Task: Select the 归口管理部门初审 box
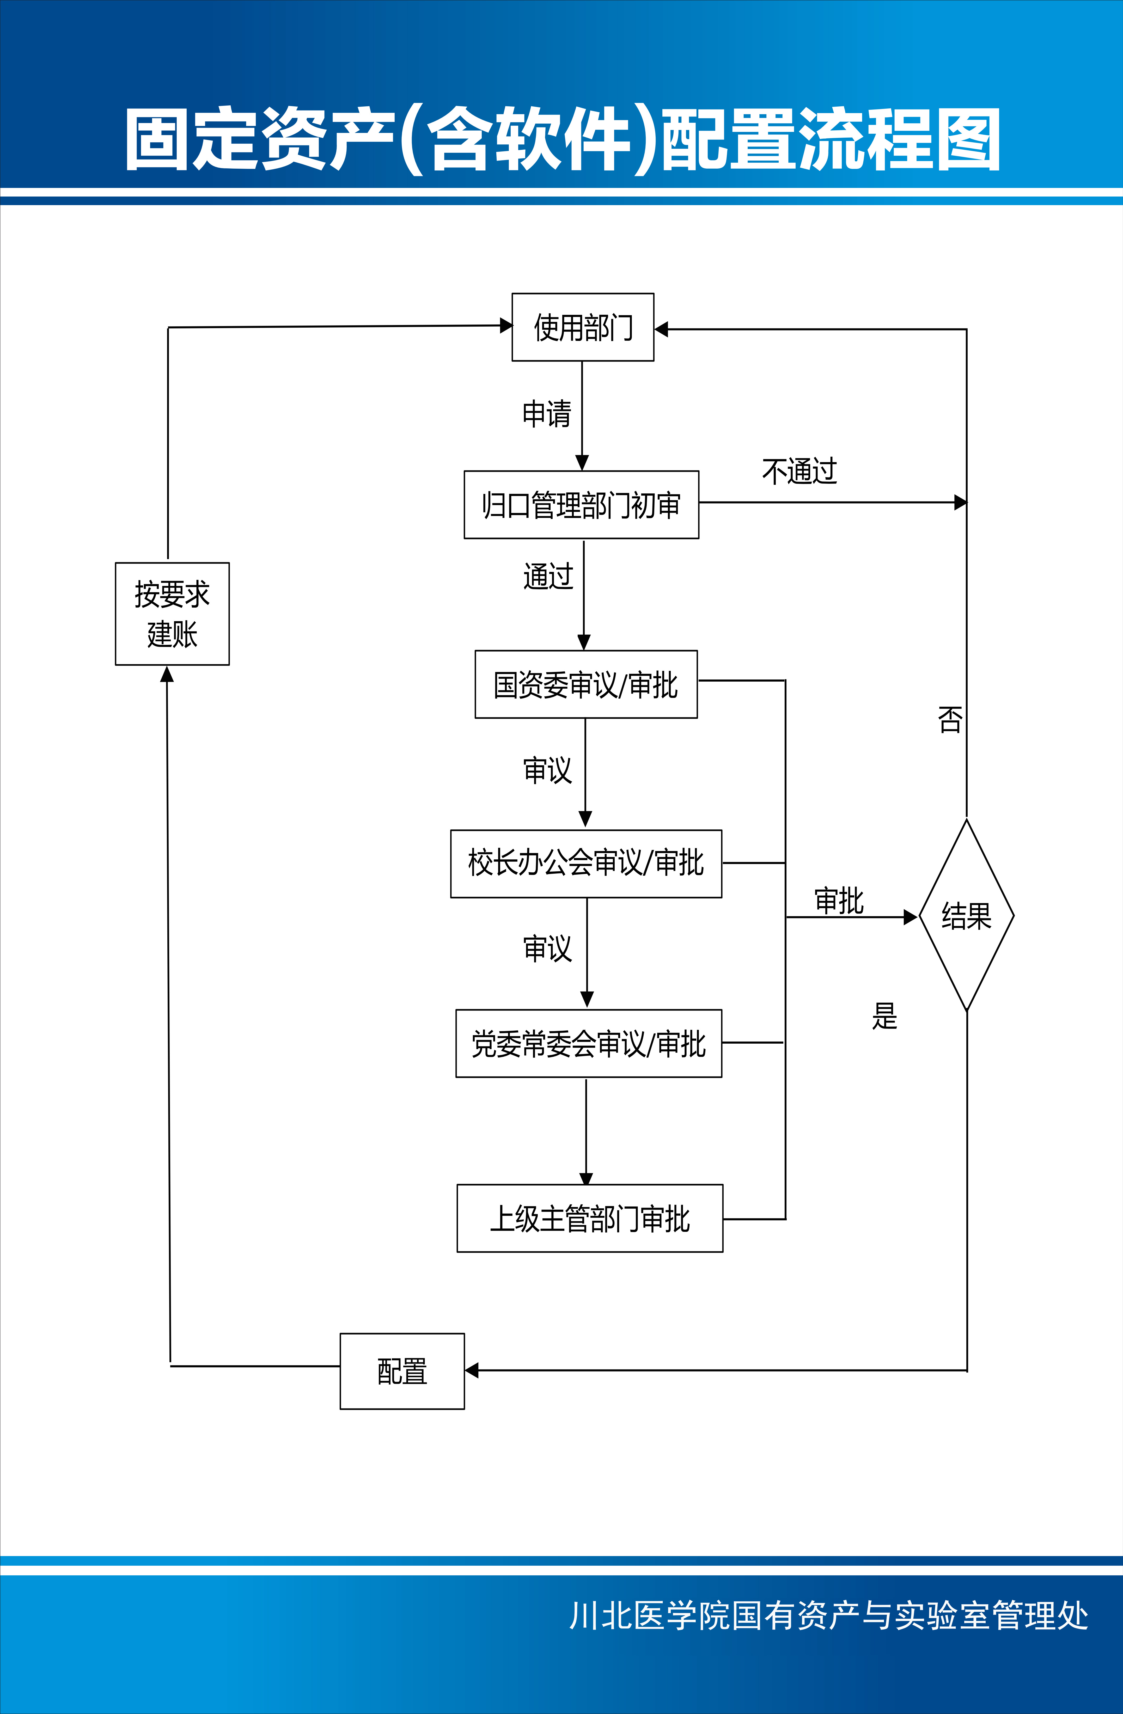coord(581,505)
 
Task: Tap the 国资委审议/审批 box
coord(586,684)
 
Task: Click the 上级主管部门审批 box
coord(589,1219)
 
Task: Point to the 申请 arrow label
coord(547,414)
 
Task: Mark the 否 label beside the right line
coord(949,719)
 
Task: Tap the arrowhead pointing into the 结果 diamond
coord(911,917)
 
